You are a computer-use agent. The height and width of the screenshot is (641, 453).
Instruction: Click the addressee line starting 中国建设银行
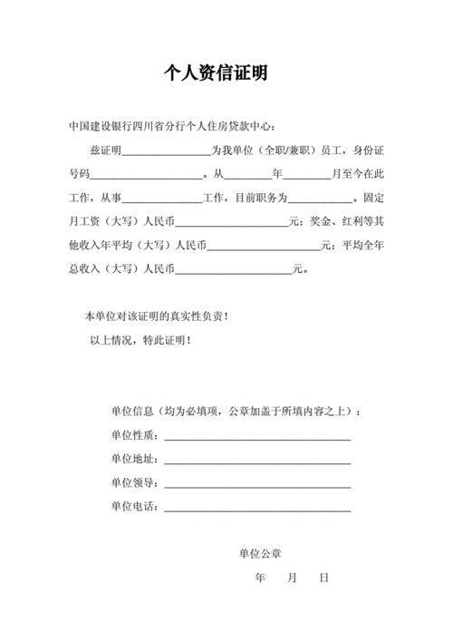click(x=173, y=125)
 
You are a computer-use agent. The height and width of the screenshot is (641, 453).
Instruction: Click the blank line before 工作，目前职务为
click(x=161, y=197)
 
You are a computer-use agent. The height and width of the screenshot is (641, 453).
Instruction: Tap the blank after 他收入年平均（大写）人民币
click(x=265, y=244)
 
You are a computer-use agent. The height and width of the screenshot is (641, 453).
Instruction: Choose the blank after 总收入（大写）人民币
click(x=234, y=268)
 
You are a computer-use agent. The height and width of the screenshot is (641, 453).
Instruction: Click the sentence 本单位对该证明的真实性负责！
click(x=156, y=316)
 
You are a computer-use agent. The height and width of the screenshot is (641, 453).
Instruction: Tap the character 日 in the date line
click(x=323, y=577)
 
